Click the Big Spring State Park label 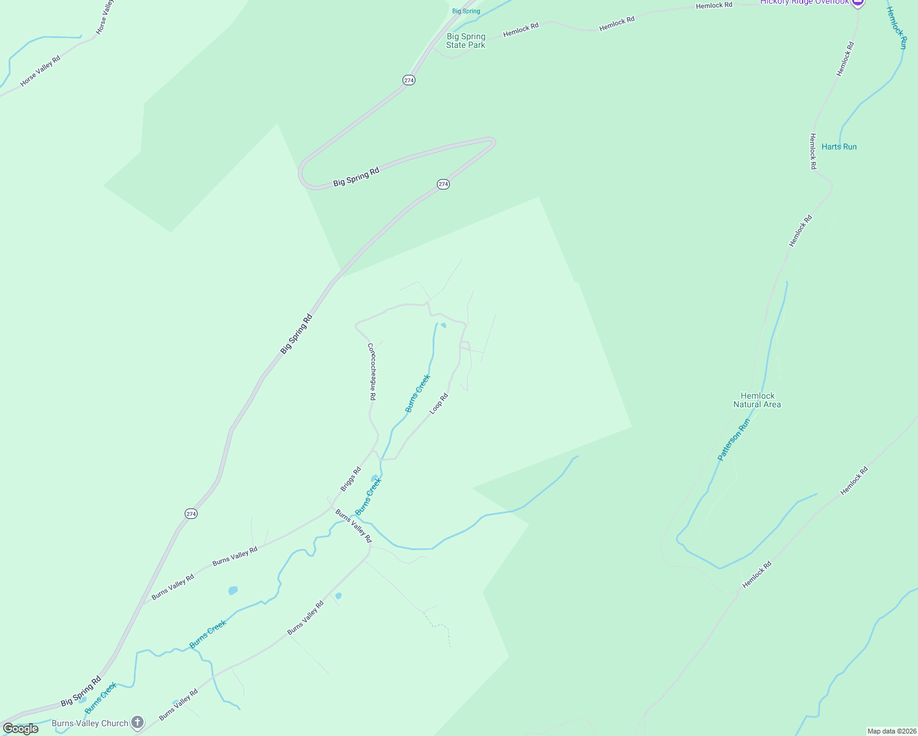coord(466,41)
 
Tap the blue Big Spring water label coord(466,11)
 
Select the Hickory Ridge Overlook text coord(804,2)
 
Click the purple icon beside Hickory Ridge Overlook coord(858,2)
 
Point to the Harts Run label coord(839,147)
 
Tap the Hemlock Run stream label coord(896,28)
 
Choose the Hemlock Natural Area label coord(757,400)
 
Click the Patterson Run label coord(734,440)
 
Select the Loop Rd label coord(439,404)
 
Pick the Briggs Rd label coord(350,479)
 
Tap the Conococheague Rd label coord(372,372)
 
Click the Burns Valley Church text coord(90,723)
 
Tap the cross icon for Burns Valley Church coord(137,723)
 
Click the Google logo coord(20,729)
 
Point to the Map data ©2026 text coord(891,731)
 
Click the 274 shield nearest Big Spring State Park coord(409,80)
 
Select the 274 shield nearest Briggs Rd coord(191,513)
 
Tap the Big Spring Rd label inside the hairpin coord(356,177)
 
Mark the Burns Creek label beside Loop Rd coord(417,393)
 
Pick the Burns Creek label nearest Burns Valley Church coord(101,698)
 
